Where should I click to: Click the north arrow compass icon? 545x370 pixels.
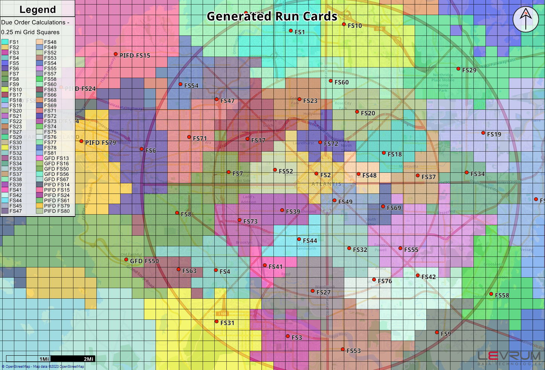point(526,19)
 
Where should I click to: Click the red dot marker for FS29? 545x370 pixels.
point(458,69)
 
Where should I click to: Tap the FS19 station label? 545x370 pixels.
point(494,134)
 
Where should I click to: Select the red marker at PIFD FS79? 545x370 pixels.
point(81,141)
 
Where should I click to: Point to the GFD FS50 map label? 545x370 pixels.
point(144,261)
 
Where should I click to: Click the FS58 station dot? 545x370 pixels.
point(491,294)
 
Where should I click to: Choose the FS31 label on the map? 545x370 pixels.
point(227,323)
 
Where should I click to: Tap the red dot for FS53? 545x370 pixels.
point(343,350)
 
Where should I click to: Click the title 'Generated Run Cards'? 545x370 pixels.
point(272,16)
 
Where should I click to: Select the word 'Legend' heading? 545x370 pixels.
point(37,9)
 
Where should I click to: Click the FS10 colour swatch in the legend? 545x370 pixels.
point(5,90)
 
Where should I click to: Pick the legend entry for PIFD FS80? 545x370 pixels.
point(56,211)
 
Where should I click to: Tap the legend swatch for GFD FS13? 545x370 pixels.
point(40,158)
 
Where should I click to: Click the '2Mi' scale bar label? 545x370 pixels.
point(89,359)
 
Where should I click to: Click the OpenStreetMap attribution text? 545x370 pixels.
point(43,367)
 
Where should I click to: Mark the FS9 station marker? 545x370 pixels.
point(437,332)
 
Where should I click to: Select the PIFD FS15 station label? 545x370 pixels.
point(135,55)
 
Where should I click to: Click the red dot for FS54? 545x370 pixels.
point(180,84)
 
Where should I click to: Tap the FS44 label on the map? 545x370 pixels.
point(310,241)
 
